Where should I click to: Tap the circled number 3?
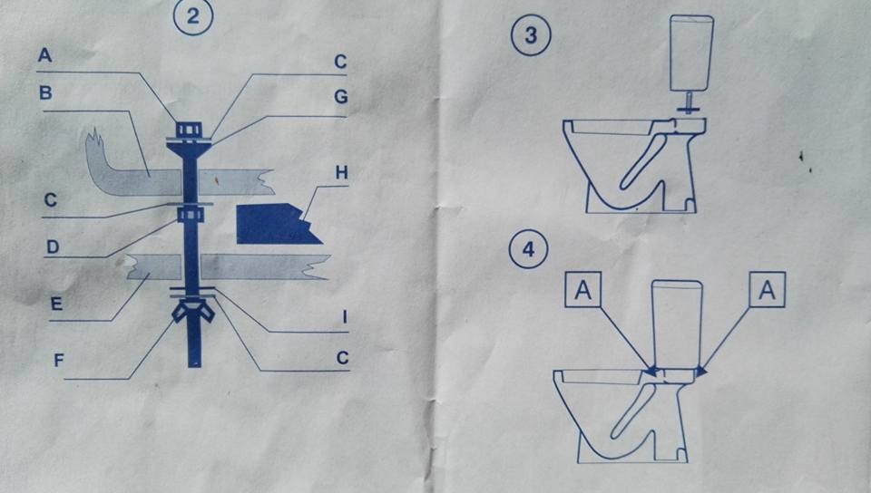click(x=531, y=39)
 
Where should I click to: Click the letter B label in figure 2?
click(x=45, y=92)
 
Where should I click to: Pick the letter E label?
click(x=56, y=304)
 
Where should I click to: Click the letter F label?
click(x=59, y=359)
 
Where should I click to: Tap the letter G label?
click(x=340, y=96)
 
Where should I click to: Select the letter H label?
click(x=340, y=171)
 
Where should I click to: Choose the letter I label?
click(x=344, y=318)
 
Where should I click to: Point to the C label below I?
click(x=341, y=358)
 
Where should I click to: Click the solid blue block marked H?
click(x=272, y=226)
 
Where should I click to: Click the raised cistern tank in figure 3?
click(x=689, y=52)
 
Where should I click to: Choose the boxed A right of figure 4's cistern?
click(x=766, y=292)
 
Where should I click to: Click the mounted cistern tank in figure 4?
click(x=677, y=323)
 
